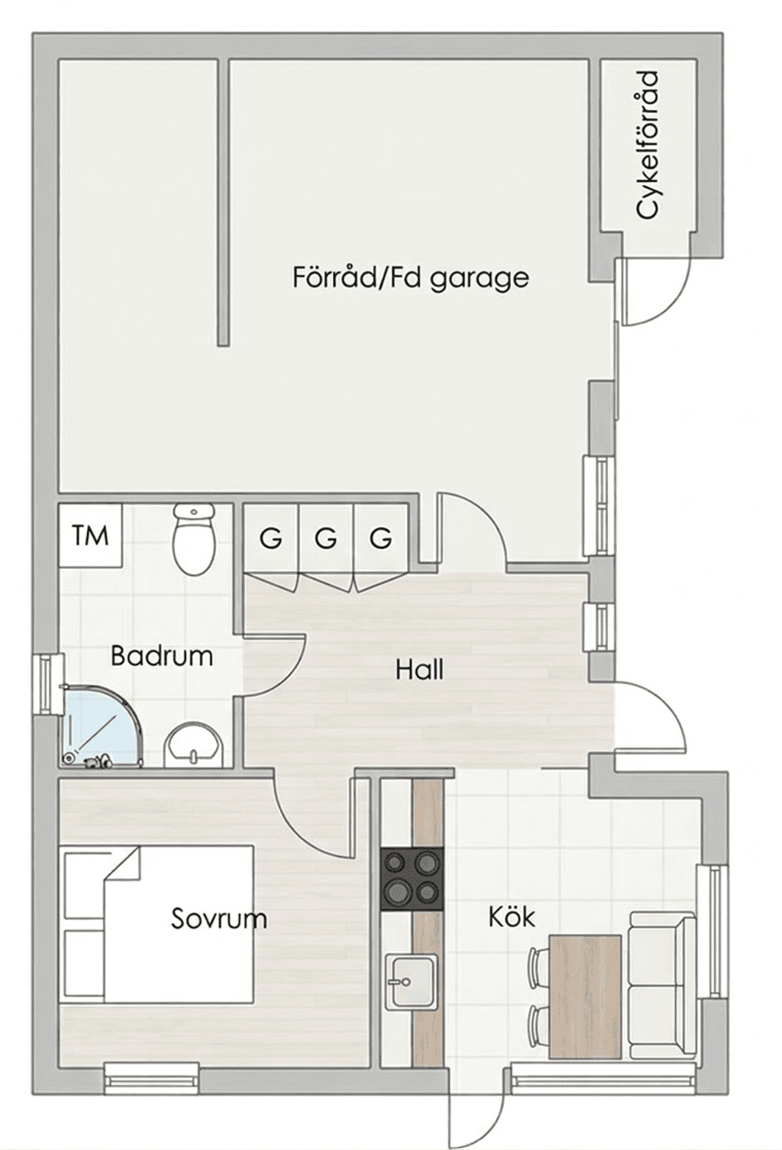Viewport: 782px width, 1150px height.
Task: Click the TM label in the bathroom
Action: click(90, 535)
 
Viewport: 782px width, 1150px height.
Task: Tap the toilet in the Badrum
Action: click(193, 539)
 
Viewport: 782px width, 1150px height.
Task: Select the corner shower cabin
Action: click(98, 725)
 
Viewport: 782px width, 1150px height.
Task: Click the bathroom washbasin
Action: click(194, 744)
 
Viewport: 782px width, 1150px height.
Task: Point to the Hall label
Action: click(419, 670)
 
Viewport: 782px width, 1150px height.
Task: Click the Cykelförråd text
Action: click(647, 145)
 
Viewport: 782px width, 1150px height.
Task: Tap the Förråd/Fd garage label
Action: click(410, 278)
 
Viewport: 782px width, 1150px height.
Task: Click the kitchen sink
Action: click(412, 981)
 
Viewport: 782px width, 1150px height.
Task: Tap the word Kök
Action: click(512, 917)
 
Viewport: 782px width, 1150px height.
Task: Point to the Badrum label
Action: click(162, 656)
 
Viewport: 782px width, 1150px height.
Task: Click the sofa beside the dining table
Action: click(662, 997)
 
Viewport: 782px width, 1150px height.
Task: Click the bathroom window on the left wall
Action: click(48, 684)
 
